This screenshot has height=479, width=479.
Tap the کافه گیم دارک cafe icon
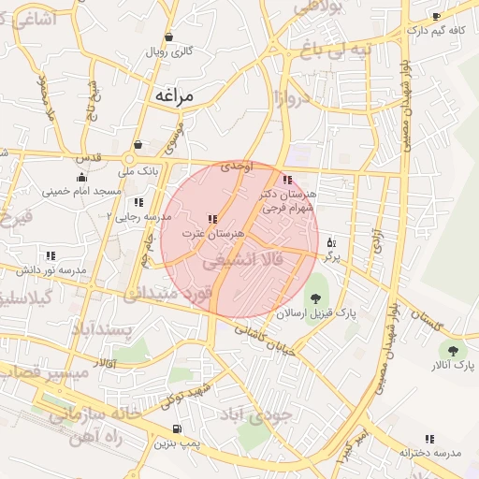pyautogui.click(x=436, y=17)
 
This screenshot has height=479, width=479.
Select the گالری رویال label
pyautogui.click(x=168, y=51)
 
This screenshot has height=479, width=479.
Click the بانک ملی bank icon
pyautogui.click(x=138, y=145)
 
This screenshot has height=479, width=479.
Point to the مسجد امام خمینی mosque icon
pyautogui.click(x=81, y=177)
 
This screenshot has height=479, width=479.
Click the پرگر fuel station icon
pyautogui.click(x=331, y=242)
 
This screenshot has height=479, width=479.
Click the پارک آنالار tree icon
pyautogui.click(x=453, y=350)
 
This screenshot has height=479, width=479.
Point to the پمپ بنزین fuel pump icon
pyautogui.click(x=176, y=430)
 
